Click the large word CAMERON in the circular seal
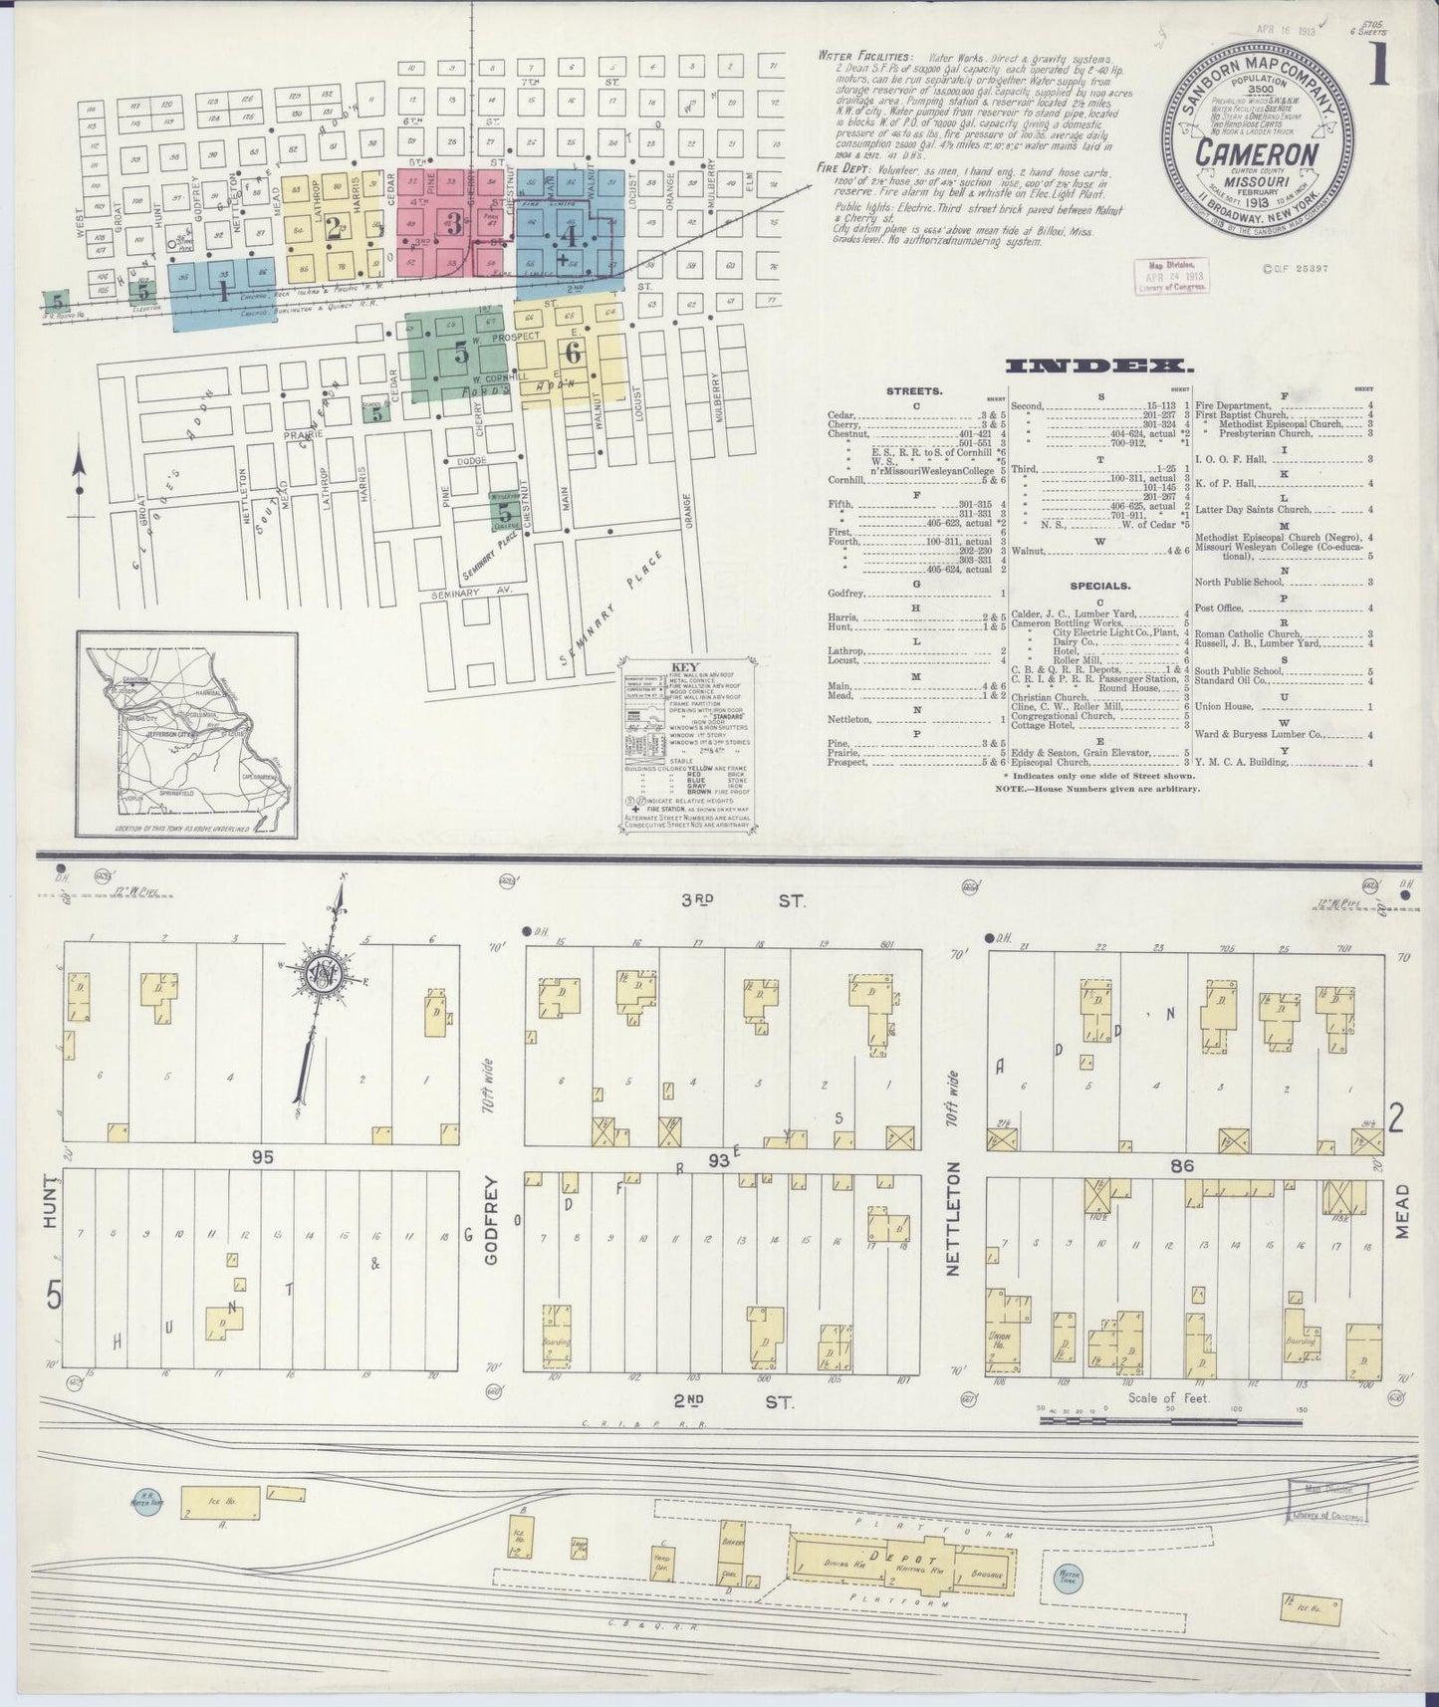(x=1259, y=154)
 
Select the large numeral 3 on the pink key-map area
(x=454, y=224)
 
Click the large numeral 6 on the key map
(x=572, y=353)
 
